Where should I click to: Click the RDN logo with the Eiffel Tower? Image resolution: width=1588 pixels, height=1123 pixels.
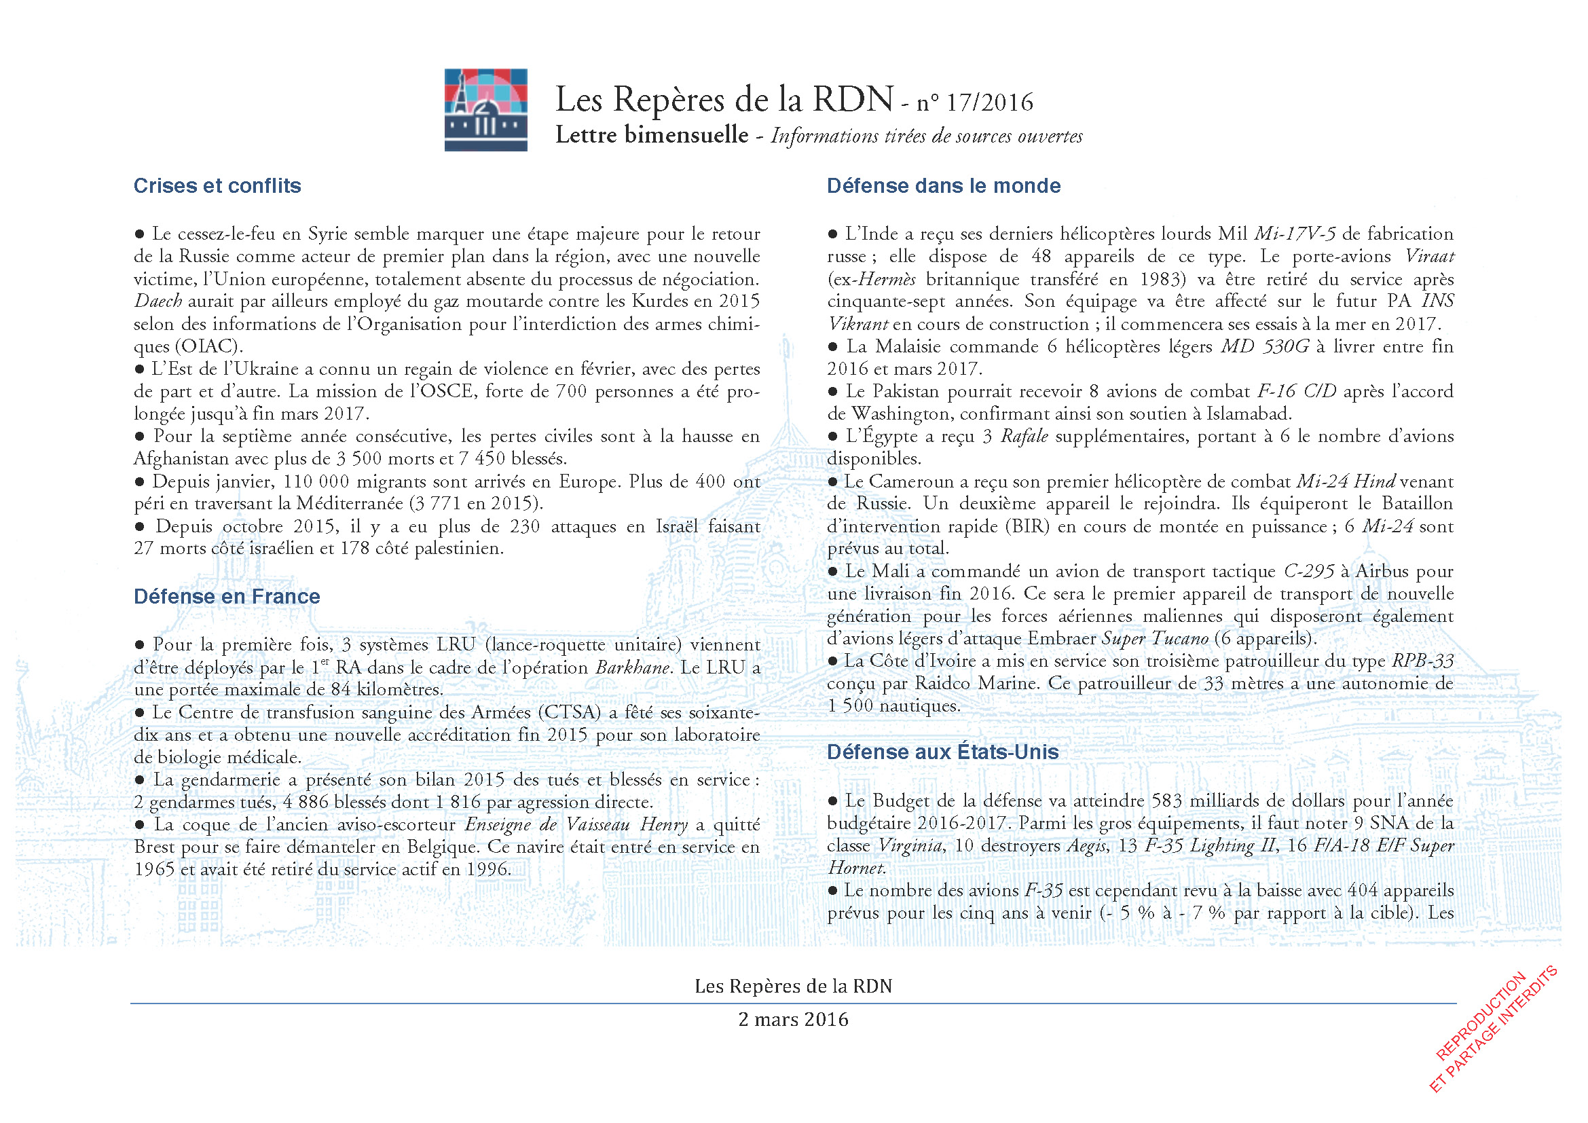[x=485, y=109]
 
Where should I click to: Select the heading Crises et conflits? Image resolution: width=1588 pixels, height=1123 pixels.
[x=217, y=186]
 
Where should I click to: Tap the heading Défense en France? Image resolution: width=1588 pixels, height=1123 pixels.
[x=227, y=597]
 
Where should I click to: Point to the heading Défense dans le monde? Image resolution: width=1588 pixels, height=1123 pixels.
[x=944, y=186]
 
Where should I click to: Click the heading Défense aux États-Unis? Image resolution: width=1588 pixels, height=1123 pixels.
[x=943, y=752]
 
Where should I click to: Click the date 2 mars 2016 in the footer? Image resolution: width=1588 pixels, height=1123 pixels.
[x=793, y=1020]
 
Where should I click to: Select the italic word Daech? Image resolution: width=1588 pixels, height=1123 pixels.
[x=158, y=301]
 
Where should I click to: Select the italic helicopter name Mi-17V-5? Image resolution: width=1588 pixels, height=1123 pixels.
[x=1295, y=234]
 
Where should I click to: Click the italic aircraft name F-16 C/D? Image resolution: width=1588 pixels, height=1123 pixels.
[x=1296, y=392]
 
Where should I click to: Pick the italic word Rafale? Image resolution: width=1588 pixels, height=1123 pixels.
[x=1024, y=437]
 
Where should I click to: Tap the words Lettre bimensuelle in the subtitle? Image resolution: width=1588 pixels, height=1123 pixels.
[x=652, y=136]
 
